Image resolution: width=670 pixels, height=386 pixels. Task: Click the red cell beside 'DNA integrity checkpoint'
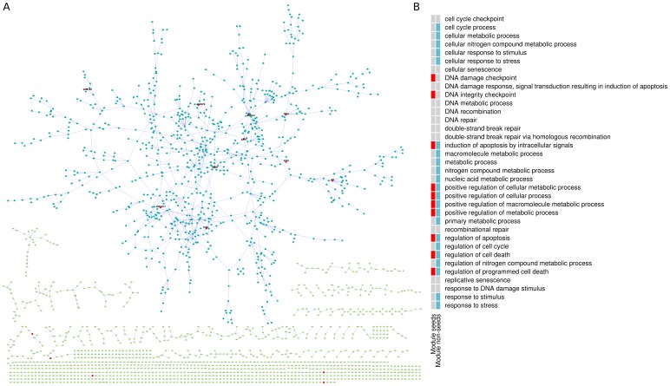click(x=433, y=95)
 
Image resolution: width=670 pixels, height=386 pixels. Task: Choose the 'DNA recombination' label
click(x=476, y=111)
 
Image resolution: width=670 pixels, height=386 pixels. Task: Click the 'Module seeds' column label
click(x=433, y=338)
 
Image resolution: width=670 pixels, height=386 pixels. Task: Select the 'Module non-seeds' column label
click(x=439, y=343)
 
